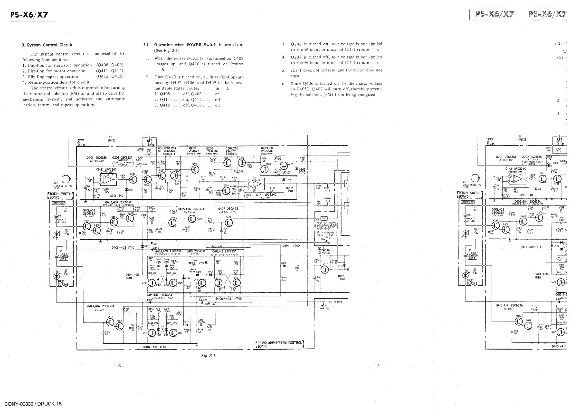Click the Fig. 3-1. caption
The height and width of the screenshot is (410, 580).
pyautogui.click(x=209, y=356)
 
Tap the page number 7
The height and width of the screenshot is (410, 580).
pyautogui.click(x=378, y=365)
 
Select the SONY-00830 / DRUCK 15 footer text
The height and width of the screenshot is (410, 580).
pyautogui.click(x=33, y=404)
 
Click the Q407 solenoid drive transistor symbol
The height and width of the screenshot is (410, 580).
pyautogui.click(x=229, y=223)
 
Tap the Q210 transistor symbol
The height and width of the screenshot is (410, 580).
pyautogui.click(x=284, y=166)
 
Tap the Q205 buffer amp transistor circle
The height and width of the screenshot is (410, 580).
pyautogui.click(x=196, y=169)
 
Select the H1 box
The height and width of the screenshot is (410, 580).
pyautogui.click(x=347, y=184)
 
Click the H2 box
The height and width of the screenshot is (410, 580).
pyautogui.click(x=347, y=206)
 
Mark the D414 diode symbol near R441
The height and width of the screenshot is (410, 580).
pyautogui.click(x=284, y=266)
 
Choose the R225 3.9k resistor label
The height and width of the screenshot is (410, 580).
pyautogui.click(x=272, y=190)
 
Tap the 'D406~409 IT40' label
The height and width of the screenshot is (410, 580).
pyautogui.click(x=229, y=299)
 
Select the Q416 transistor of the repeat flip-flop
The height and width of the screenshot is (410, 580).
pyautogui.click(x=173, y=333)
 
